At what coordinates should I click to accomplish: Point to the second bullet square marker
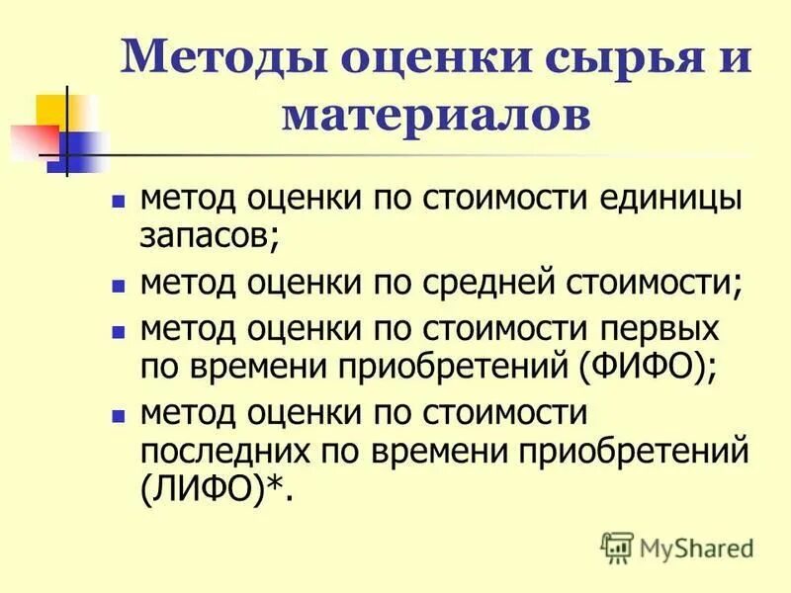[x=119, y=285]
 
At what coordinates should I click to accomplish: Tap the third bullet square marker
[x=119, y=328]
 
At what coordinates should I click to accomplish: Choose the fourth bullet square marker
[x=119, y=410]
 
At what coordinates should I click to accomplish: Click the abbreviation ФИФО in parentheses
[x=647, y=368]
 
